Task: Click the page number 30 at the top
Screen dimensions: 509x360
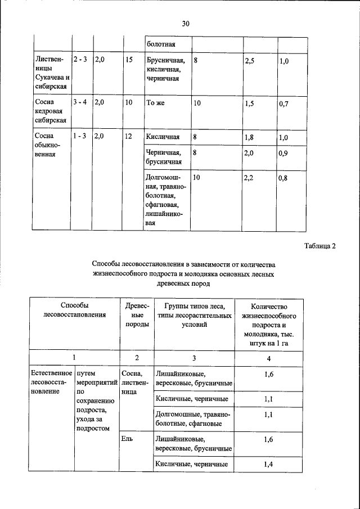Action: pos(186,24)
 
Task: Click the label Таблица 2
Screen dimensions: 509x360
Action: pos(320,246)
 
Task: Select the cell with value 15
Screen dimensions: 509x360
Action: pos(129,59)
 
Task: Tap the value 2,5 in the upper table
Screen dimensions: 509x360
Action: pos(250,60)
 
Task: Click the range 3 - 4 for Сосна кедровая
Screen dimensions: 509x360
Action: pos(80,103)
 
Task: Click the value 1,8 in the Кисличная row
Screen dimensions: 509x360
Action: pos(250,137)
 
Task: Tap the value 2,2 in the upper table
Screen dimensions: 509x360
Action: pos(250,178)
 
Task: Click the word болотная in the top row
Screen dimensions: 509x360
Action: pos(161,43)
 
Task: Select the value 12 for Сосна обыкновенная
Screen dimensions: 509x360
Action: pos(129,137)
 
